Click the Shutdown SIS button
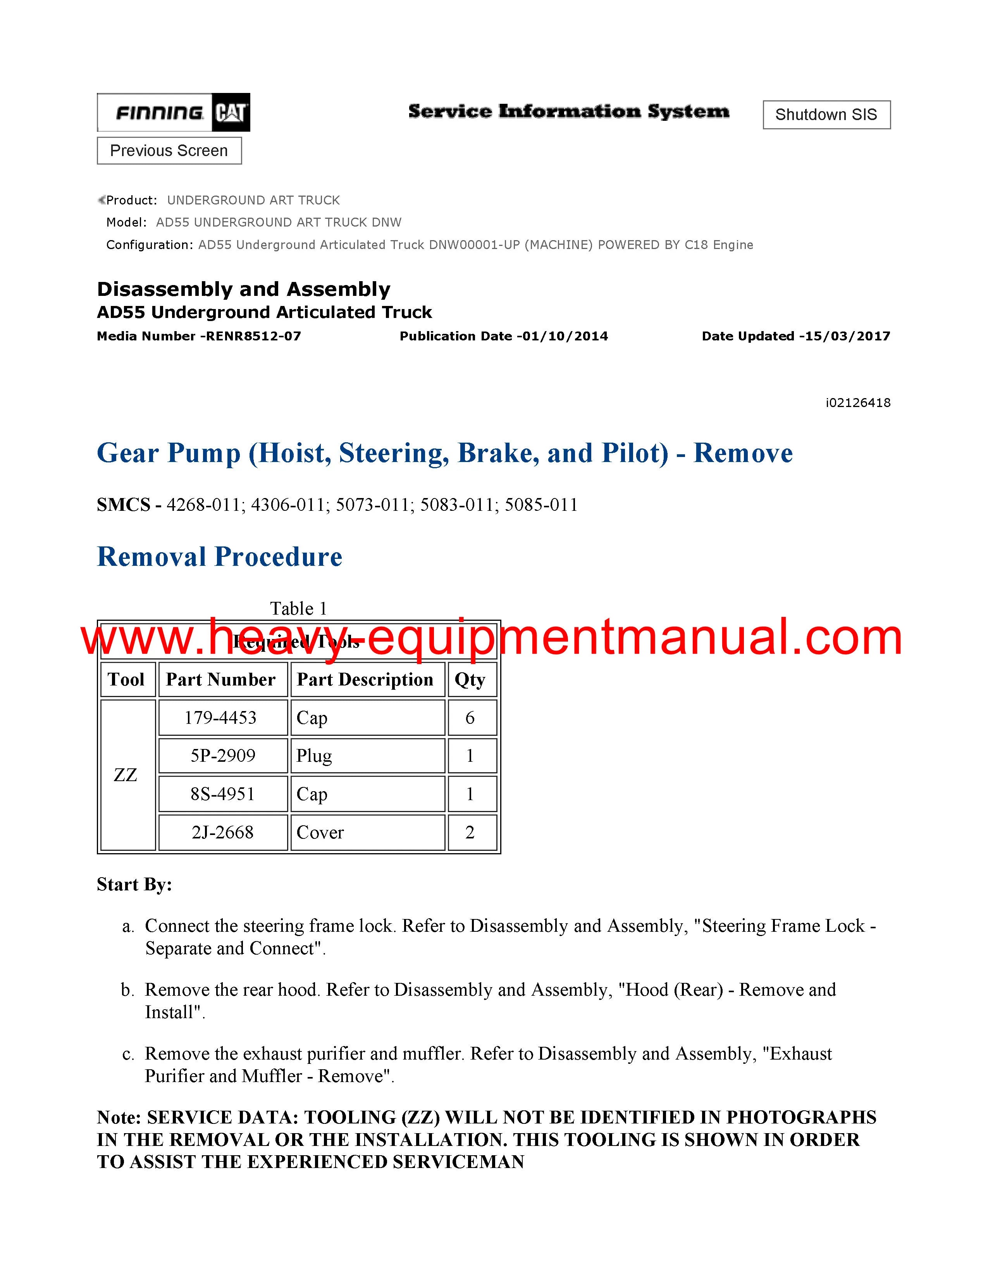pos(826,115)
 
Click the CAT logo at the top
pos(231,112)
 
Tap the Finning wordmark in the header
pos(159,112)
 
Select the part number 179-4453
pos(221,718)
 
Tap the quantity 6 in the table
pos(470,718)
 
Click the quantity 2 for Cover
pos(470,832)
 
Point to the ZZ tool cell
pos(126,775)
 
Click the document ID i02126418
pos(857,403)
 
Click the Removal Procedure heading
pos(219,557)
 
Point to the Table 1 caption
pos(298,608)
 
